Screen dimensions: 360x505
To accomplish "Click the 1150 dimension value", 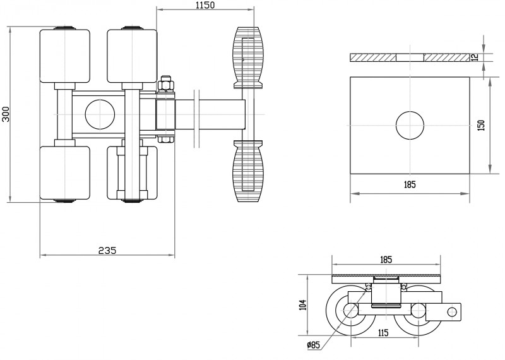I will (205, 6).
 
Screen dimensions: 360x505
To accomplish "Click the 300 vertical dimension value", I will (6, 114).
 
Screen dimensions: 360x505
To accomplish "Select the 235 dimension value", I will (107, 250).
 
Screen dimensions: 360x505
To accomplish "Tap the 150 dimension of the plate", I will (481, 124).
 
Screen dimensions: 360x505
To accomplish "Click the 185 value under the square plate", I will (408, 185).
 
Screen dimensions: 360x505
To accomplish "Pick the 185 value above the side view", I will (386, 260).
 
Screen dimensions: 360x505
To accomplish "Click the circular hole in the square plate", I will (410, 125).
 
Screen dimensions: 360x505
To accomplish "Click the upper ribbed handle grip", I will (246, 57).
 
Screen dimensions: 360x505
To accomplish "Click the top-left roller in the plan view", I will (64, 56).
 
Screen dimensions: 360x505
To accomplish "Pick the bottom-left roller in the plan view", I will (64, 172).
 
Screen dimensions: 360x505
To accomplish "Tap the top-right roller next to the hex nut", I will (131, 56).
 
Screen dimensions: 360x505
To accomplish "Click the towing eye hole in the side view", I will (452, 311).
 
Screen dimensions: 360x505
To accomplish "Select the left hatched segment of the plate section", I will (372, 57).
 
